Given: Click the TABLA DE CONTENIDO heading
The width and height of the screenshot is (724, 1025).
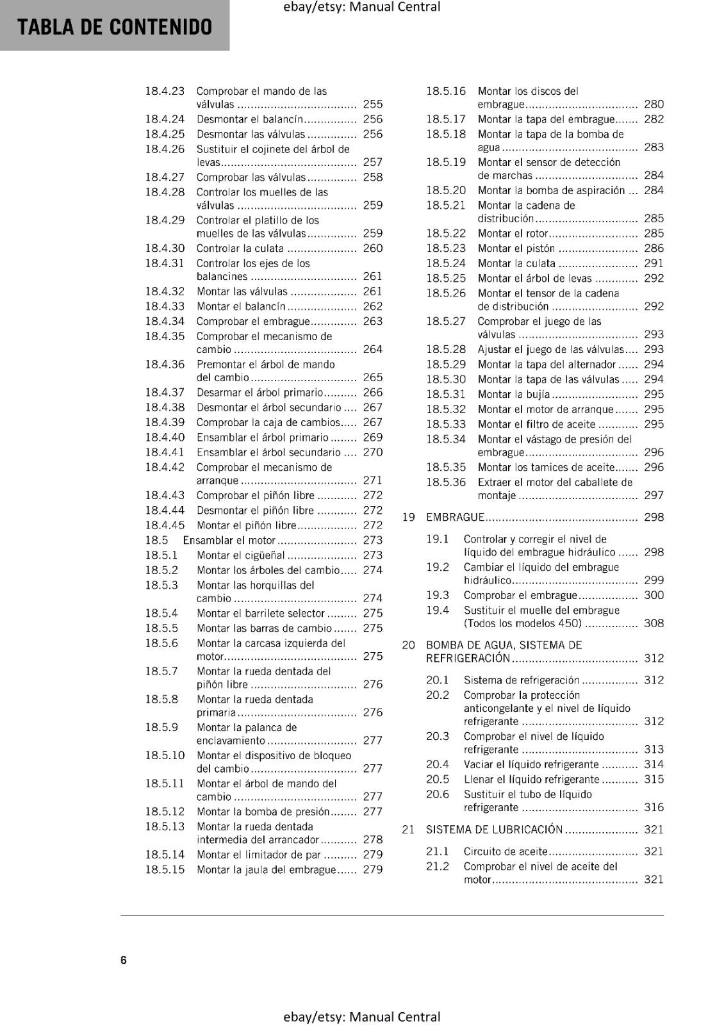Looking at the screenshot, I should [115, 27].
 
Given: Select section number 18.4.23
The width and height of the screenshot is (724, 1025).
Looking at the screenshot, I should [165, 91].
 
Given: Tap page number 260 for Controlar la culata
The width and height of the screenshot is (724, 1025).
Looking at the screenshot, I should [372, 248].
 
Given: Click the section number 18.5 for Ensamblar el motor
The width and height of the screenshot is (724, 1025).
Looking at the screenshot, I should [156, 540].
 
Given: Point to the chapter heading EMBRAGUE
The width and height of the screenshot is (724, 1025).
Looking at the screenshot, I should [455, 517].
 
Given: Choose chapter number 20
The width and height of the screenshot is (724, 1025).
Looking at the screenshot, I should [408, 645].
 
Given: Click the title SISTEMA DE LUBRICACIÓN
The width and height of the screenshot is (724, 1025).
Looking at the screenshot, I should [494, 830].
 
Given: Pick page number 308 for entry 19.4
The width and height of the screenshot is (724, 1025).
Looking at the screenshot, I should [654, 623].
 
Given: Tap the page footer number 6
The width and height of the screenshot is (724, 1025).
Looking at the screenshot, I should [124, 960].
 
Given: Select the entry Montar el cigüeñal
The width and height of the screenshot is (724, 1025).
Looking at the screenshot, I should [241, 555].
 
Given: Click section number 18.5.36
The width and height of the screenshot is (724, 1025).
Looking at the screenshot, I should [446, 482].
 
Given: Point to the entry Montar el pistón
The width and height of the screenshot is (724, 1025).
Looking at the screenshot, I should [516, 248].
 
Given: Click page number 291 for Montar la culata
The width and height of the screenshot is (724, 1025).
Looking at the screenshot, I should [654, 263].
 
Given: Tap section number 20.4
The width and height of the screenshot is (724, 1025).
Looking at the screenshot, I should [438, 764].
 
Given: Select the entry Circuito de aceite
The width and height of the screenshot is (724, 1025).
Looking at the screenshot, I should [506, 851].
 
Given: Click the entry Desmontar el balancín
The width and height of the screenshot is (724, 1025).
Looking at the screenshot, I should [249, 119].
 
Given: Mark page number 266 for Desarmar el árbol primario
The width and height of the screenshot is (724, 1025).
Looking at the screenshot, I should [372, 392].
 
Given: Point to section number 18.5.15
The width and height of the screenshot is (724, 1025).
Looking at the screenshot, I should [165, 869].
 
